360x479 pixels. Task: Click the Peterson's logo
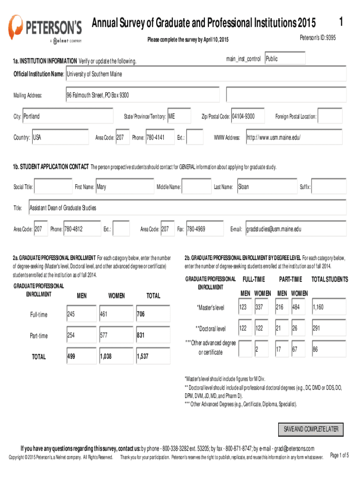pyautogui.click(x=46, y=28)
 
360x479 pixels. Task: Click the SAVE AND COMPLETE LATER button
pyautogui.click(x=310, y=429)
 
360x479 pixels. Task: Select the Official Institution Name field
pyautogui.click(x=206, y=74)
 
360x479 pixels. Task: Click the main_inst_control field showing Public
pyautogui.click(x=285, y=59)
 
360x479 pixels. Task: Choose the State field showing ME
pyautogui.click(x=179, y=116)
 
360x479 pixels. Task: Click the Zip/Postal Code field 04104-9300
pyautogui.click(x=248, y=116)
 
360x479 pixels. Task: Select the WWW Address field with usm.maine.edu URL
pyautogui.click(x=294, y=138)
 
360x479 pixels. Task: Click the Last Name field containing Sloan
pyautogui.click(x=266, y=187)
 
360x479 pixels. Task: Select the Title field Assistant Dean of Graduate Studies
pyautogui.click(x=187, y=208)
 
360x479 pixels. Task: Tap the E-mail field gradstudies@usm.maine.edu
pyautogui.click(x=295, y=229)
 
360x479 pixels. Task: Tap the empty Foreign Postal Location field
pyautogui.click(x=333, y=116)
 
